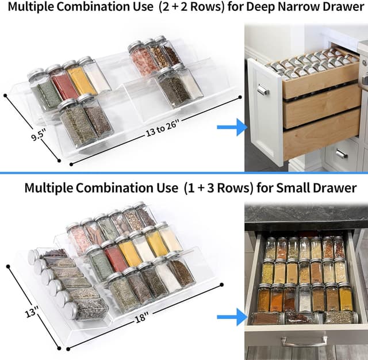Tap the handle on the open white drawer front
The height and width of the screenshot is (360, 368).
point(263,90)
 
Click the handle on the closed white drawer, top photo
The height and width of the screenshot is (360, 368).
point(341,154)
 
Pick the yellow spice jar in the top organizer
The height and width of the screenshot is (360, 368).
point(80,80)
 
